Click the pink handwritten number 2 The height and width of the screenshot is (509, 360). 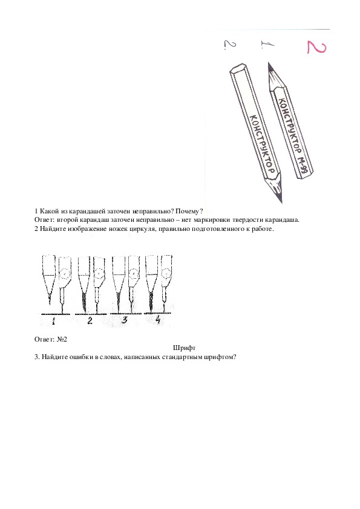point(316,47)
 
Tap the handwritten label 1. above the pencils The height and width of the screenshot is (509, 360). point(267,45)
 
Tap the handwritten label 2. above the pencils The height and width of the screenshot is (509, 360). point(230,45)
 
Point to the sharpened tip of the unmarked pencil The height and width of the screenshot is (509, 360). point(281,201)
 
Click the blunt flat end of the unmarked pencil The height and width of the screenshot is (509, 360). point(238,69)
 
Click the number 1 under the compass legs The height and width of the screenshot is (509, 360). point(54,321)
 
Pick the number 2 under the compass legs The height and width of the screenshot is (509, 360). point(90,320)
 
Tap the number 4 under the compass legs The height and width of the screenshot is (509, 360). point(158,320)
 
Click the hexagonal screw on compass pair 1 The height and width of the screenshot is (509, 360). point(65,274)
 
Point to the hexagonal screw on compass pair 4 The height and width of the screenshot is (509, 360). point(166,273)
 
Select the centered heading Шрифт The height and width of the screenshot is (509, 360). point(184,348)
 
